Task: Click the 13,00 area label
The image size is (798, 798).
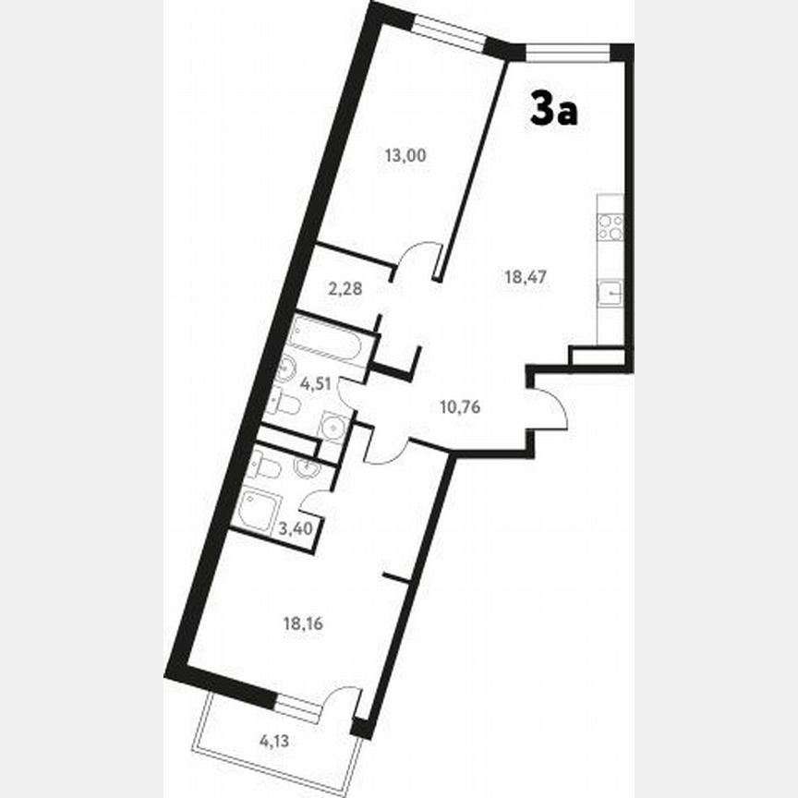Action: (x=405, y=156)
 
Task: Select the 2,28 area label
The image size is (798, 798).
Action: (x=345, y=288)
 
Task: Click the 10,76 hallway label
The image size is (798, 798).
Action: (x=458, y=405)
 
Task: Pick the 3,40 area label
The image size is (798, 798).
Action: (x=296, y=529)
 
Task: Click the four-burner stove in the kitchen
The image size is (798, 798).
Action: (x=611, y=227)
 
